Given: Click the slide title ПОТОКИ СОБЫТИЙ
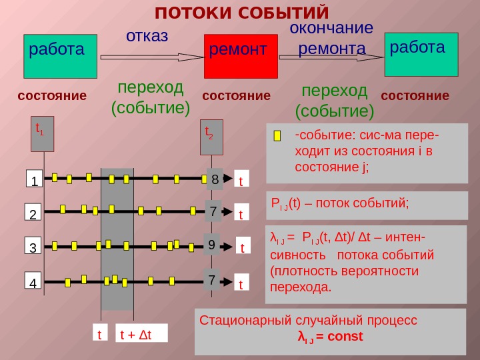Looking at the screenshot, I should [x=242, y=13].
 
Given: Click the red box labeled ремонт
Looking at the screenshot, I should [x=240, y=57].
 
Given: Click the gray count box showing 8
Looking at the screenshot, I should [x=215, y=179].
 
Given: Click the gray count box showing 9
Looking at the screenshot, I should [x=211, y=245].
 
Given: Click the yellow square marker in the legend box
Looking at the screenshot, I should [x=278, y=137].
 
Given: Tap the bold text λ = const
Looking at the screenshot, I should [x=330, y=337].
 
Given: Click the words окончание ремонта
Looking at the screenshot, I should [x=331, y=39].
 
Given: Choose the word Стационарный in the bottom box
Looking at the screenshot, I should [x=239, y=320].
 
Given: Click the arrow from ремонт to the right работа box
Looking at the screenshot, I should [x=331, y=59].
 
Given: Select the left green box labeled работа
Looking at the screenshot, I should [x=60, y=57].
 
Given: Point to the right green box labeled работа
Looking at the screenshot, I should [x=421, y=53].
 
